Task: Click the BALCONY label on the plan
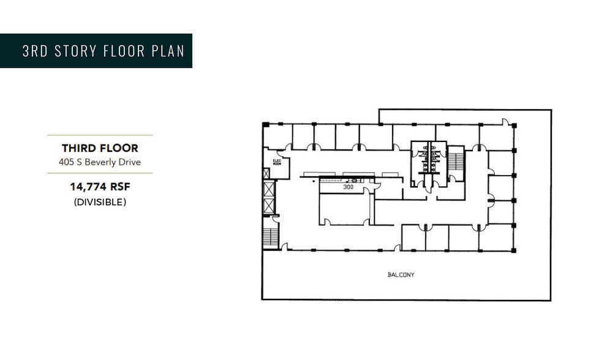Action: click(x=401, y=275)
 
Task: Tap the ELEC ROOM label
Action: click(x=276, y=162)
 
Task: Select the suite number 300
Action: click(x=348, y=187)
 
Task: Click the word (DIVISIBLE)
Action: click(x=100, y=202)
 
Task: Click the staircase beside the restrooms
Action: click(x=456, y=162)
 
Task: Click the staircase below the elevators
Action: click(x=270, y=237)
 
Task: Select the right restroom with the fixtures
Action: click(x=438, y=160)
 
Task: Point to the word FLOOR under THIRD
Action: click(x=119, y=148)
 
